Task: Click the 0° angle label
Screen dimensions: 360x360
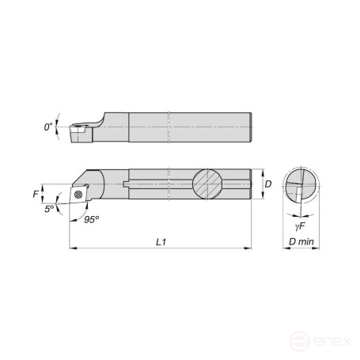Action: [47, 127]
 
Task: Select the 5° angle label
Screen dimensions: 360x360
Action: [49, 209]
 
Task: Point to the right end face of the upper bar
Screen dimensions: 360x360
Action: [251, 127]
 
